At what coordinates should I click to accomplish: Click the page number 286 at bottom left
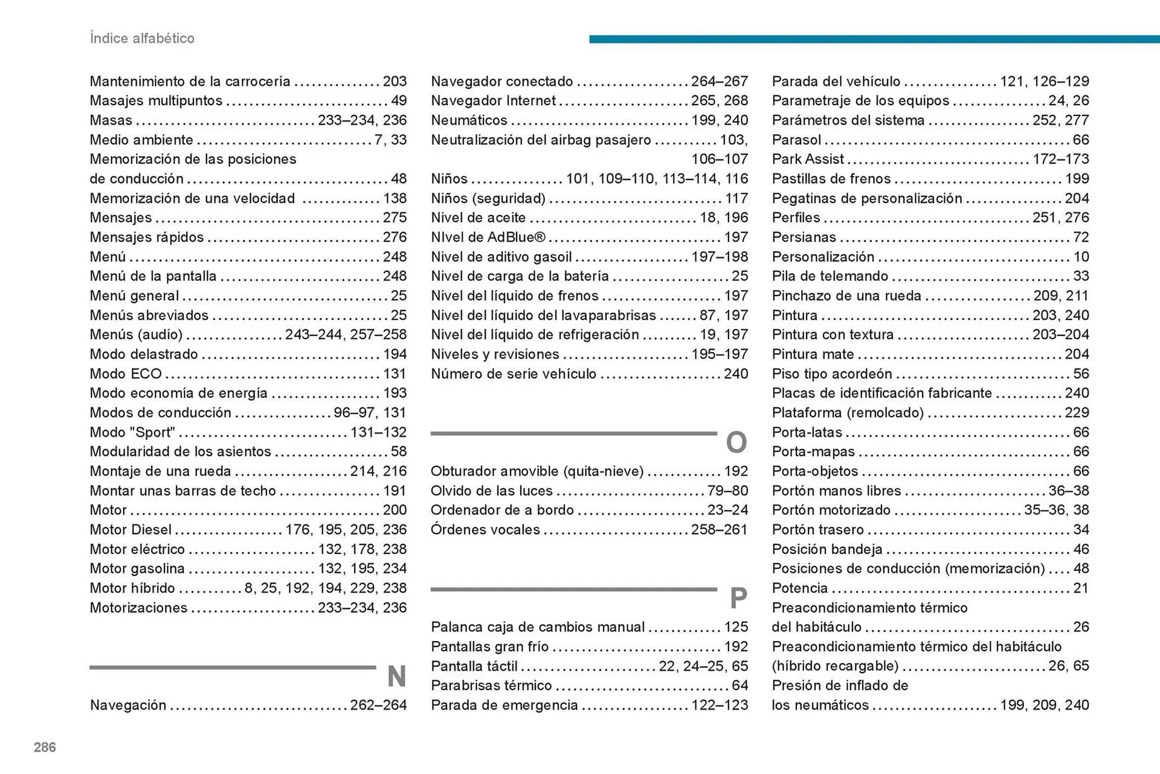[45, 747]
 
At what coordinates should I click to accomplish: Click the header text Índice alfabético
[142, 38]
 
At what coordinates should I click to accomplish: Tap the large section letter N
[396, 676]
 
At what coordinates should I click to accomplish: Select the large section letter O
[736, 442]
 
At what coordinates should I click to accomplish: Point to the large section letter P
[738, 598]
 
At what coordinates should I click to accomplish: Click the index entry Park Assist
[808, 159]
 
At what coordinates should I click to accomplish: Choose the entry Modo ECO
[126, 373]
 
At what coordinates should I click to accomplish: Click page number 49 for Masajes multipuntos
[399, 100]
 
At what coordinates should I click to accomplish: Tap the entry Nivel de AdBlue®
[488, 237]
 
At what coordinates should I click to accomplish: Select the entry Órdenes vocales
[485, 529]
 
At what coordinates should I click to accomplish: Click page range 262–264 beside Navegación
[378, 705]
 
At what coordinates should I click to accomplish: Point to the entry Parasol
[796, 140]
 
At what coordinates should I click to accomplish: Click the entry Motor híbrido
[132, 588]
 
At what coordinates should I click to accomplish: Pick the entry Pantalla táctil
[474, 666]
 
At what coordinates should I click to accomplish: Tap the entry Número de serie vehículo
[514, 373]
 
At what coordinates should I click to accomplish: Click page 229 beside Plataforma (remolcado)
[1077, 413]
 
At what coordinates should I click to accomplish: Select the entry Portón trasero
[817, 529]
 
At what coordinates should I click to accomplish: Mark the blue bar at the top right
[874, 39]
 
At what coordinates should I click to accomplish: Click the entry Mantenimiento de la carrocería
[190, 81]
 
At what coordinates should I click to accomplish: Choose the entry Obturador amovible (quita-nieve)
[537, 471]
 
